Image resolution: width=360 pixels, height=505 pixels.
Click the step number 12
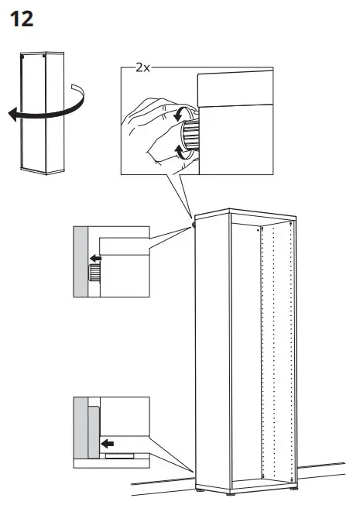[x=21, y=19]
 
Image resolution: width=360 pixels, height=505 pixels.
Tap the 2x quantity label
[x=142, y=68]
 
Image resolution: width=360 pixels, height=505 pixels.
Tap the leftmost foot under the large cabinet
[x=201, y=489]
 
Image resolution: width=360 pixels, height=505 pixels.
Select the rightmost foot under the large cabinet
[x=297, y=488]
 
